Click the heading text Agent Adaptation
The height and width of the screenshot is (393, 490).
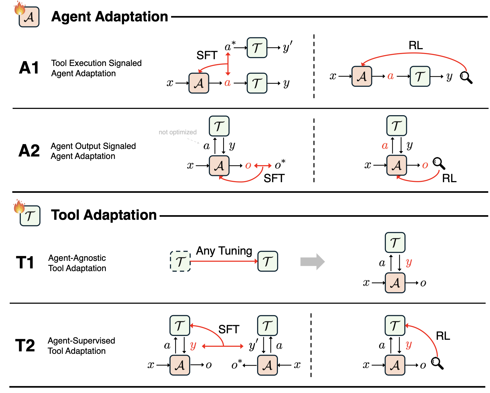click(110, 17)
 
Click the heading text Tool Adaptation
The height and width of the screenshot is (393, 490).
click(104, 215)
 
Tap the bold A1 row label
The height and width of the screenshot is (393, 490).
click(29, 68)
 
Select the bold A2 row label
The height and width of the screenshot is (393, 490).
click(29, 151)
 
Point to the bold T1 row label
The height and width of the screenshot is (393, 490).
click(25, 262)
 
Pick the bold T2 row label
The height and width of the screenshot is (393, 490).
click(25, 345)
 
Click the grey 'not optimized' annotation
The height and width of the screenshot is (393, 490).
click(178, 132)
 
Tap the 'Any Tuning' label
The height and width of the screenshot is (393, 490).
click(224, 251)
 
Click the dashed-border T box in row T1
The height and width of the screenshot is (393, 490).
click(180, 261)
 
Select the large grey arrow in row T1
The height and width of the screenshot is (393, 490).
click(312, 262)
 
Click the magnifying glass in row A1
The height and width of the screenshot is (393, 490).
click(466, 78)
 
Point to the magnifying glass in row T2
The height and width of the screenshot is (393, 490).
click(437, 363)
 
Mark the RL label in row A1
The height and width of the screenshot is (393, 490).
click(416, 45)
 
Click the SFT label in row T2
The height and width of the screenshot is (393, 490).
click(229, 329)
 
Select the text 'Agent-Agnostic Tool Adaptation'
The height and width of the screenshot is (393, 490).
click(77, 263)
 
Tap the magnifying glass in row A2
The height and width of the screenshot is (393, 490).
click(439, 164)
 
